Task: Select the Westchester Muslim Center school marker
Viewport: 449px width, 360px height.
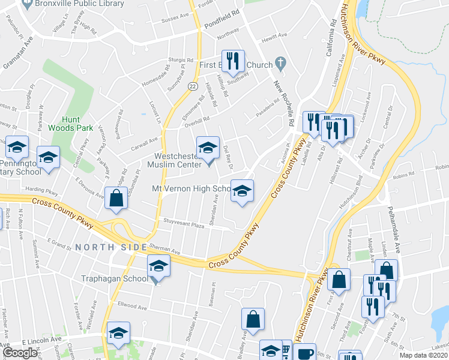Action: (208, 148)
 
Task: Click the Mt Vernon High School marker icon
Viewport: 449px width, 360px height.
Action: (242, 191)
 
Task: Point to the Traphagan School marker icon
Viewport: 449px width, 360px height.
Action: (159, 266)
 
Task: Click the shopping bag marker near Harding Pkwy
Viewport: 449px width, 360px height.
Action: (115, 199)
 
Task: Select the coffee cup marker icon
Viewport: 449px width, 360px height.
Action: (306, 353)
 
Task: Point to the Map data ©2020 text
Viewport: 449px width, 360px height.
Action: (424, 355)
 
